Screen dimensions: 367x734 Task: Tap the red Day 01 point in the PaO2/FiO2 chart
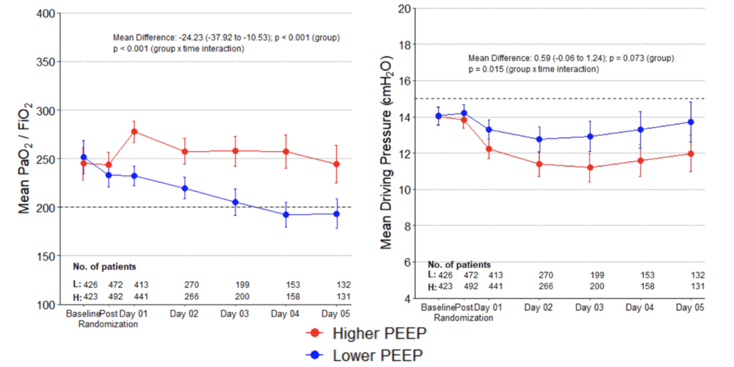pos(134,131)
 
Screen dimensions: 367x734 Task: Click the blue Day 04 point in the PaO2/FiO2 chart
pos(286,214)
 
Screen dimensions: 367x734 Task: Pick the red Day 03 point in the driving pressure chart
pos(589,167)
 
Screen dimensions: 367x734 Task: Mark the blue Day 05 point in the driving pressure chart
pos(690,122)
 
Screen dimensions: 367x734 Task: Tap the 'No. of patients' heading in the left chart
pos(103,266)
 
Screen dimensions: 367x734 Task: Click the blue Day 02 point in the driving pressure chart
pos(539,139)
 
